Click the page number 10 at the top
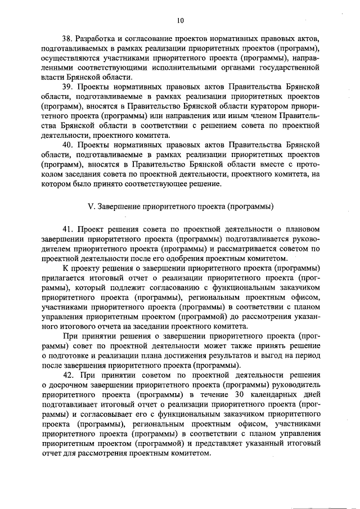[x=180, y=21]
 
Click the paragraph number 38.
[x=68, y=38]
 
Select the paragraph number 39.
[x=68, y=88]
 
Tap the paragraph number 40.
[x=68, y=145]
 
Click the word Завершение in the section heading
[x=119, y=205]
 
